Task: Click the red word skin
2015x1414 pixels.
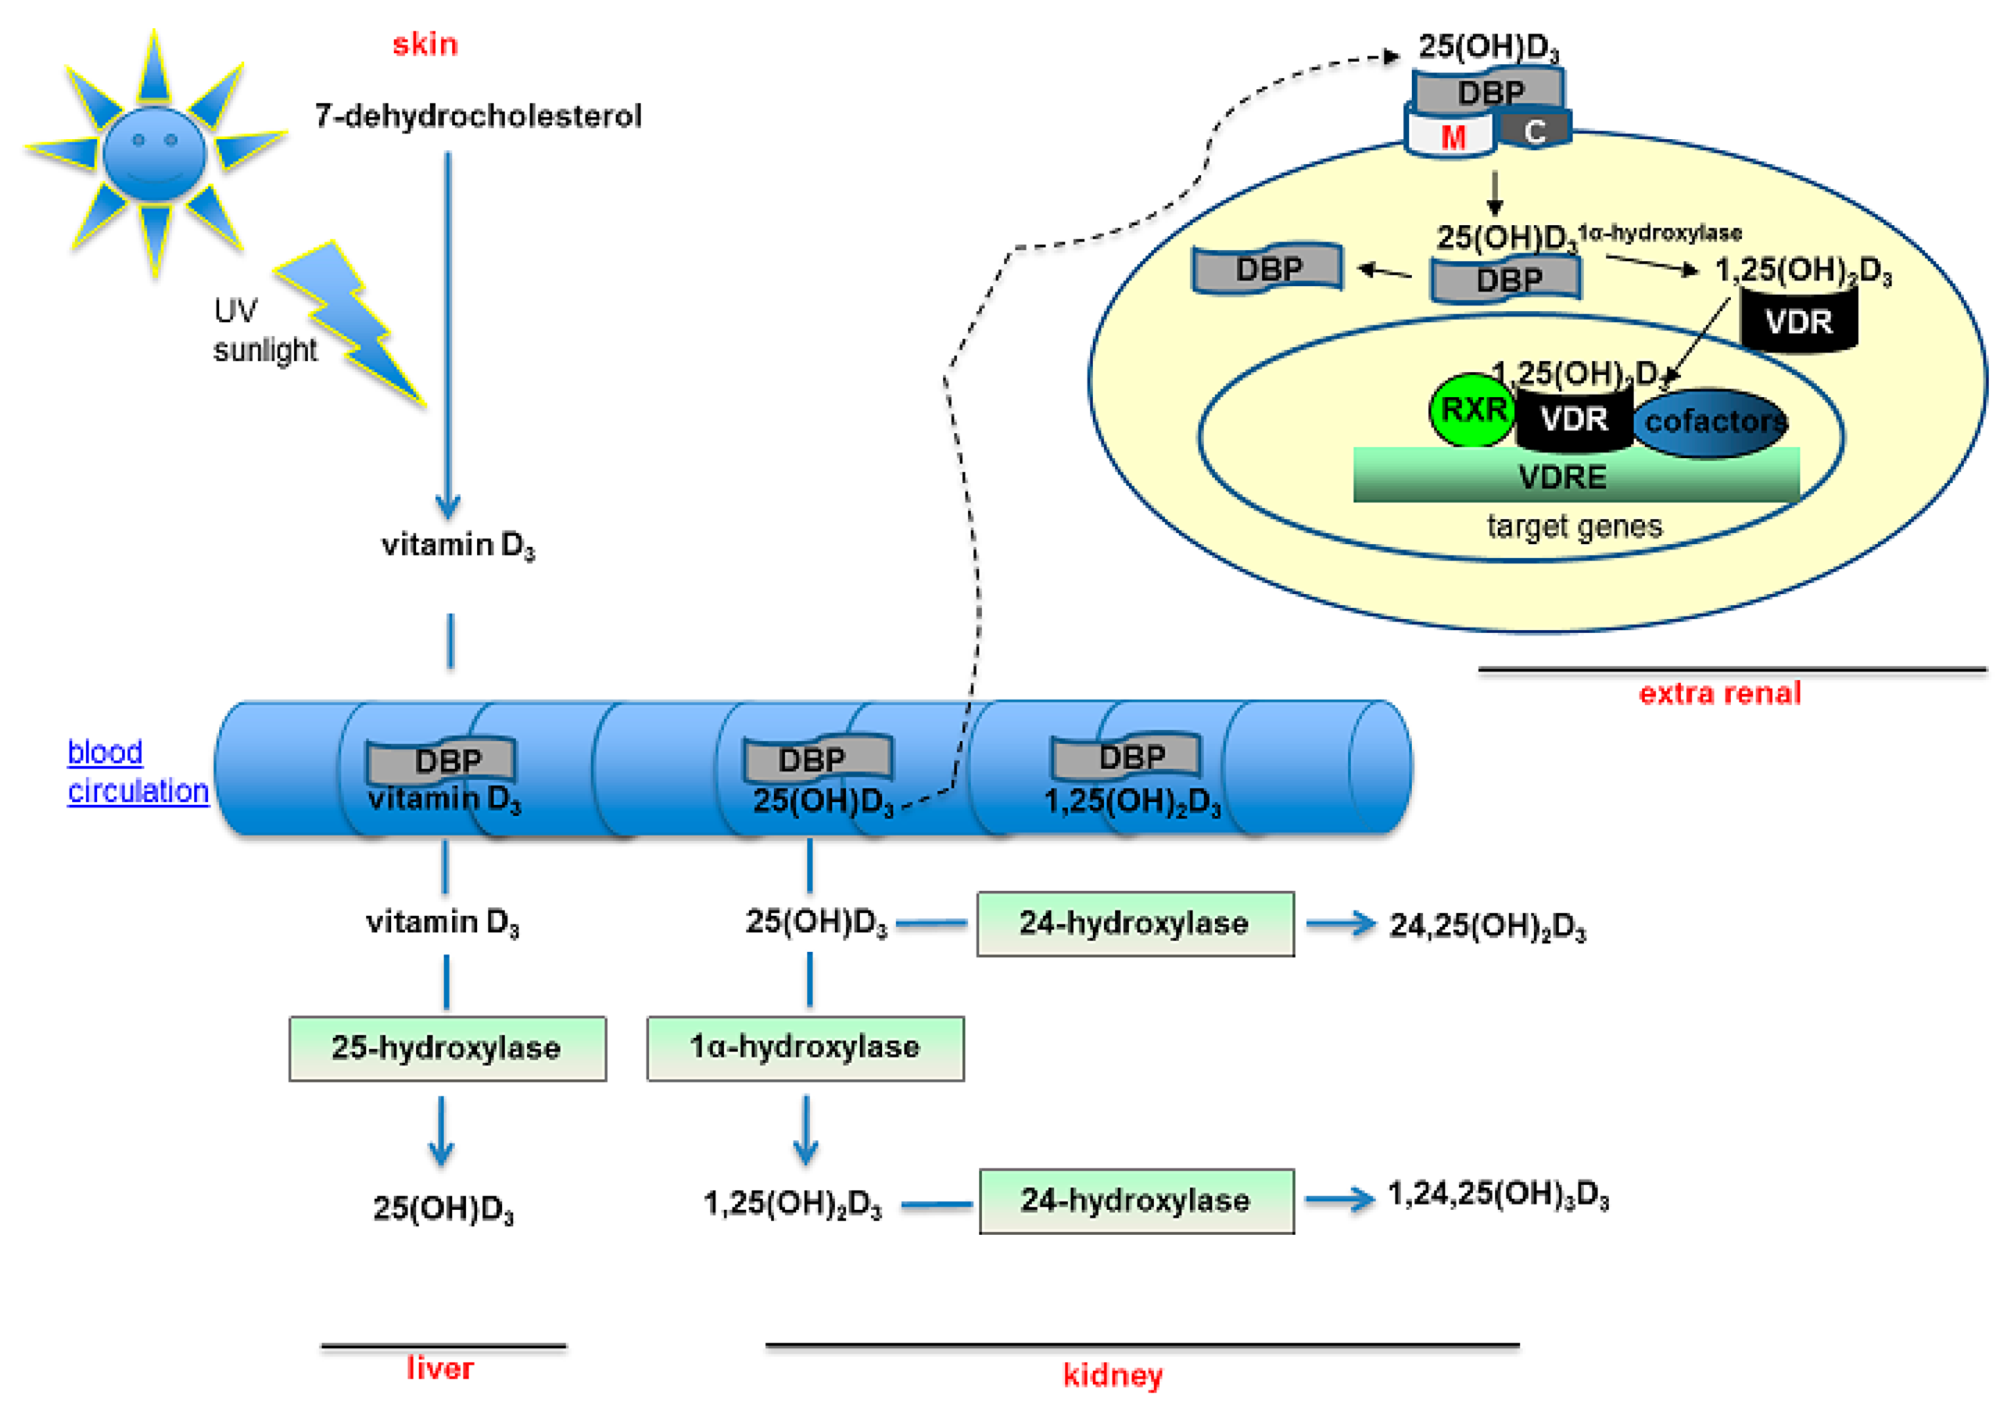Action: (x=425, y=44)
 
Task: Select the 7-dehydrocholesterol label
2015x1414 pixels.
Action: (x=478, y=116)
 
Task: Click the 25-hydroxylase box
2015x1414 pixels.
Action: (x=447, y=1048)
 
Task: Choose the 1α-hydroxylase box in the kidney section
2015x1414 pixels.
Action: (x=805, y=1048)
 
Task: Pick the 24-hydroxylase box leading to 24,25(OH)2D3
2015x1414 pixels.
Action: (x=1135, y=924)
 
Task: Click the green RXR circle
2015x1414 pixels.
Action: (x=1472, y=410)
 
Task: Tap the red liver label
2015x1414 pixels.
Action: (x=440, y=1368)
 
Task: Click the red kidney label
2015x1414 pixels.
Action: (x=1112, y=1375)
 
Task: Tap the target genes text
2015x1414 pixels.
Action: (x=1573, y=526)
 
